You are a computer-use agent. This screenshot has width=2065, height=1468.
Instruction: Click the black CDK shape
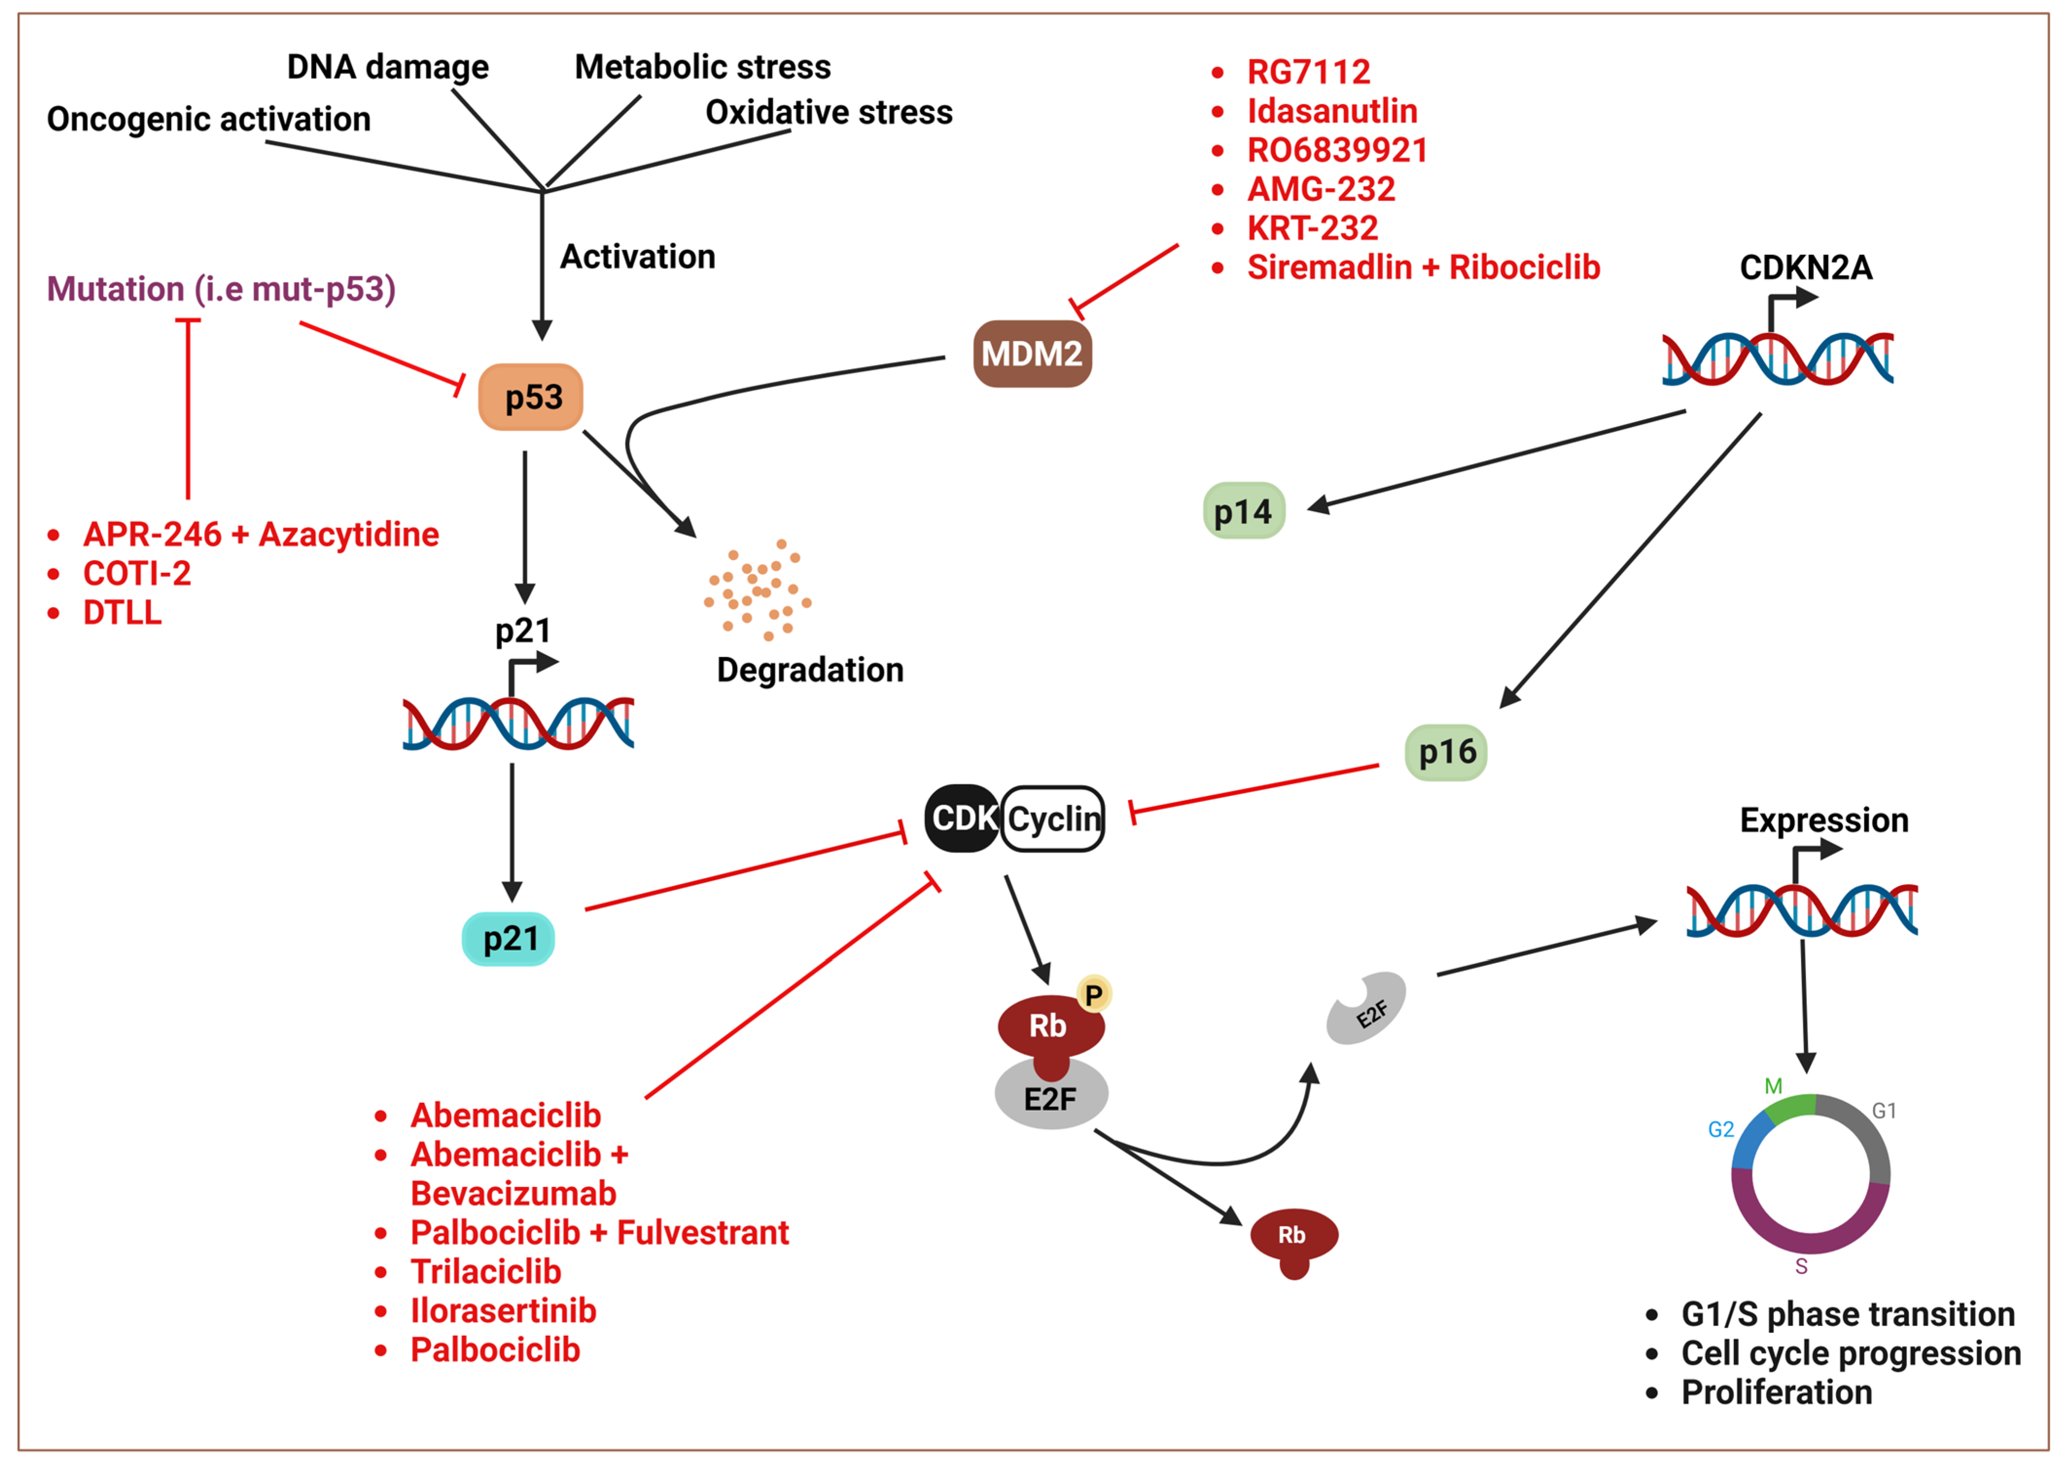coord(961,818)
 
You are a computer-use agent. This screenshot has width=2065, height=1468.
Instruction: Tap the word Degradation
coord(810,670)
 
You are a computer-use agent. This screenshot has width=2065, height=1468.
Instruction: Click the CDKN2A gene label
coord(1805,267)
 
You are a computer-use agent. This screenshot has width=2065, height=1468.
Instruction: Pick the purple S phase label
coord(1801,1266)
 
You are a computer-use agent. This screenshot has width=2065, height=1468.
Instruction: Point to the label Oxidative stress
coord(829,113)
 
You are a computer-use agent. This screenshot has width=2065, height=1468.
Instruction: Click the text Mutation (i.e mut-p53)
coord(221,289)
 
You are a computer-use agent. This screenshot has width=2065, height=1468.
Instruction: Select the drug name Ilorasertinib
coord(504,1311)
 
